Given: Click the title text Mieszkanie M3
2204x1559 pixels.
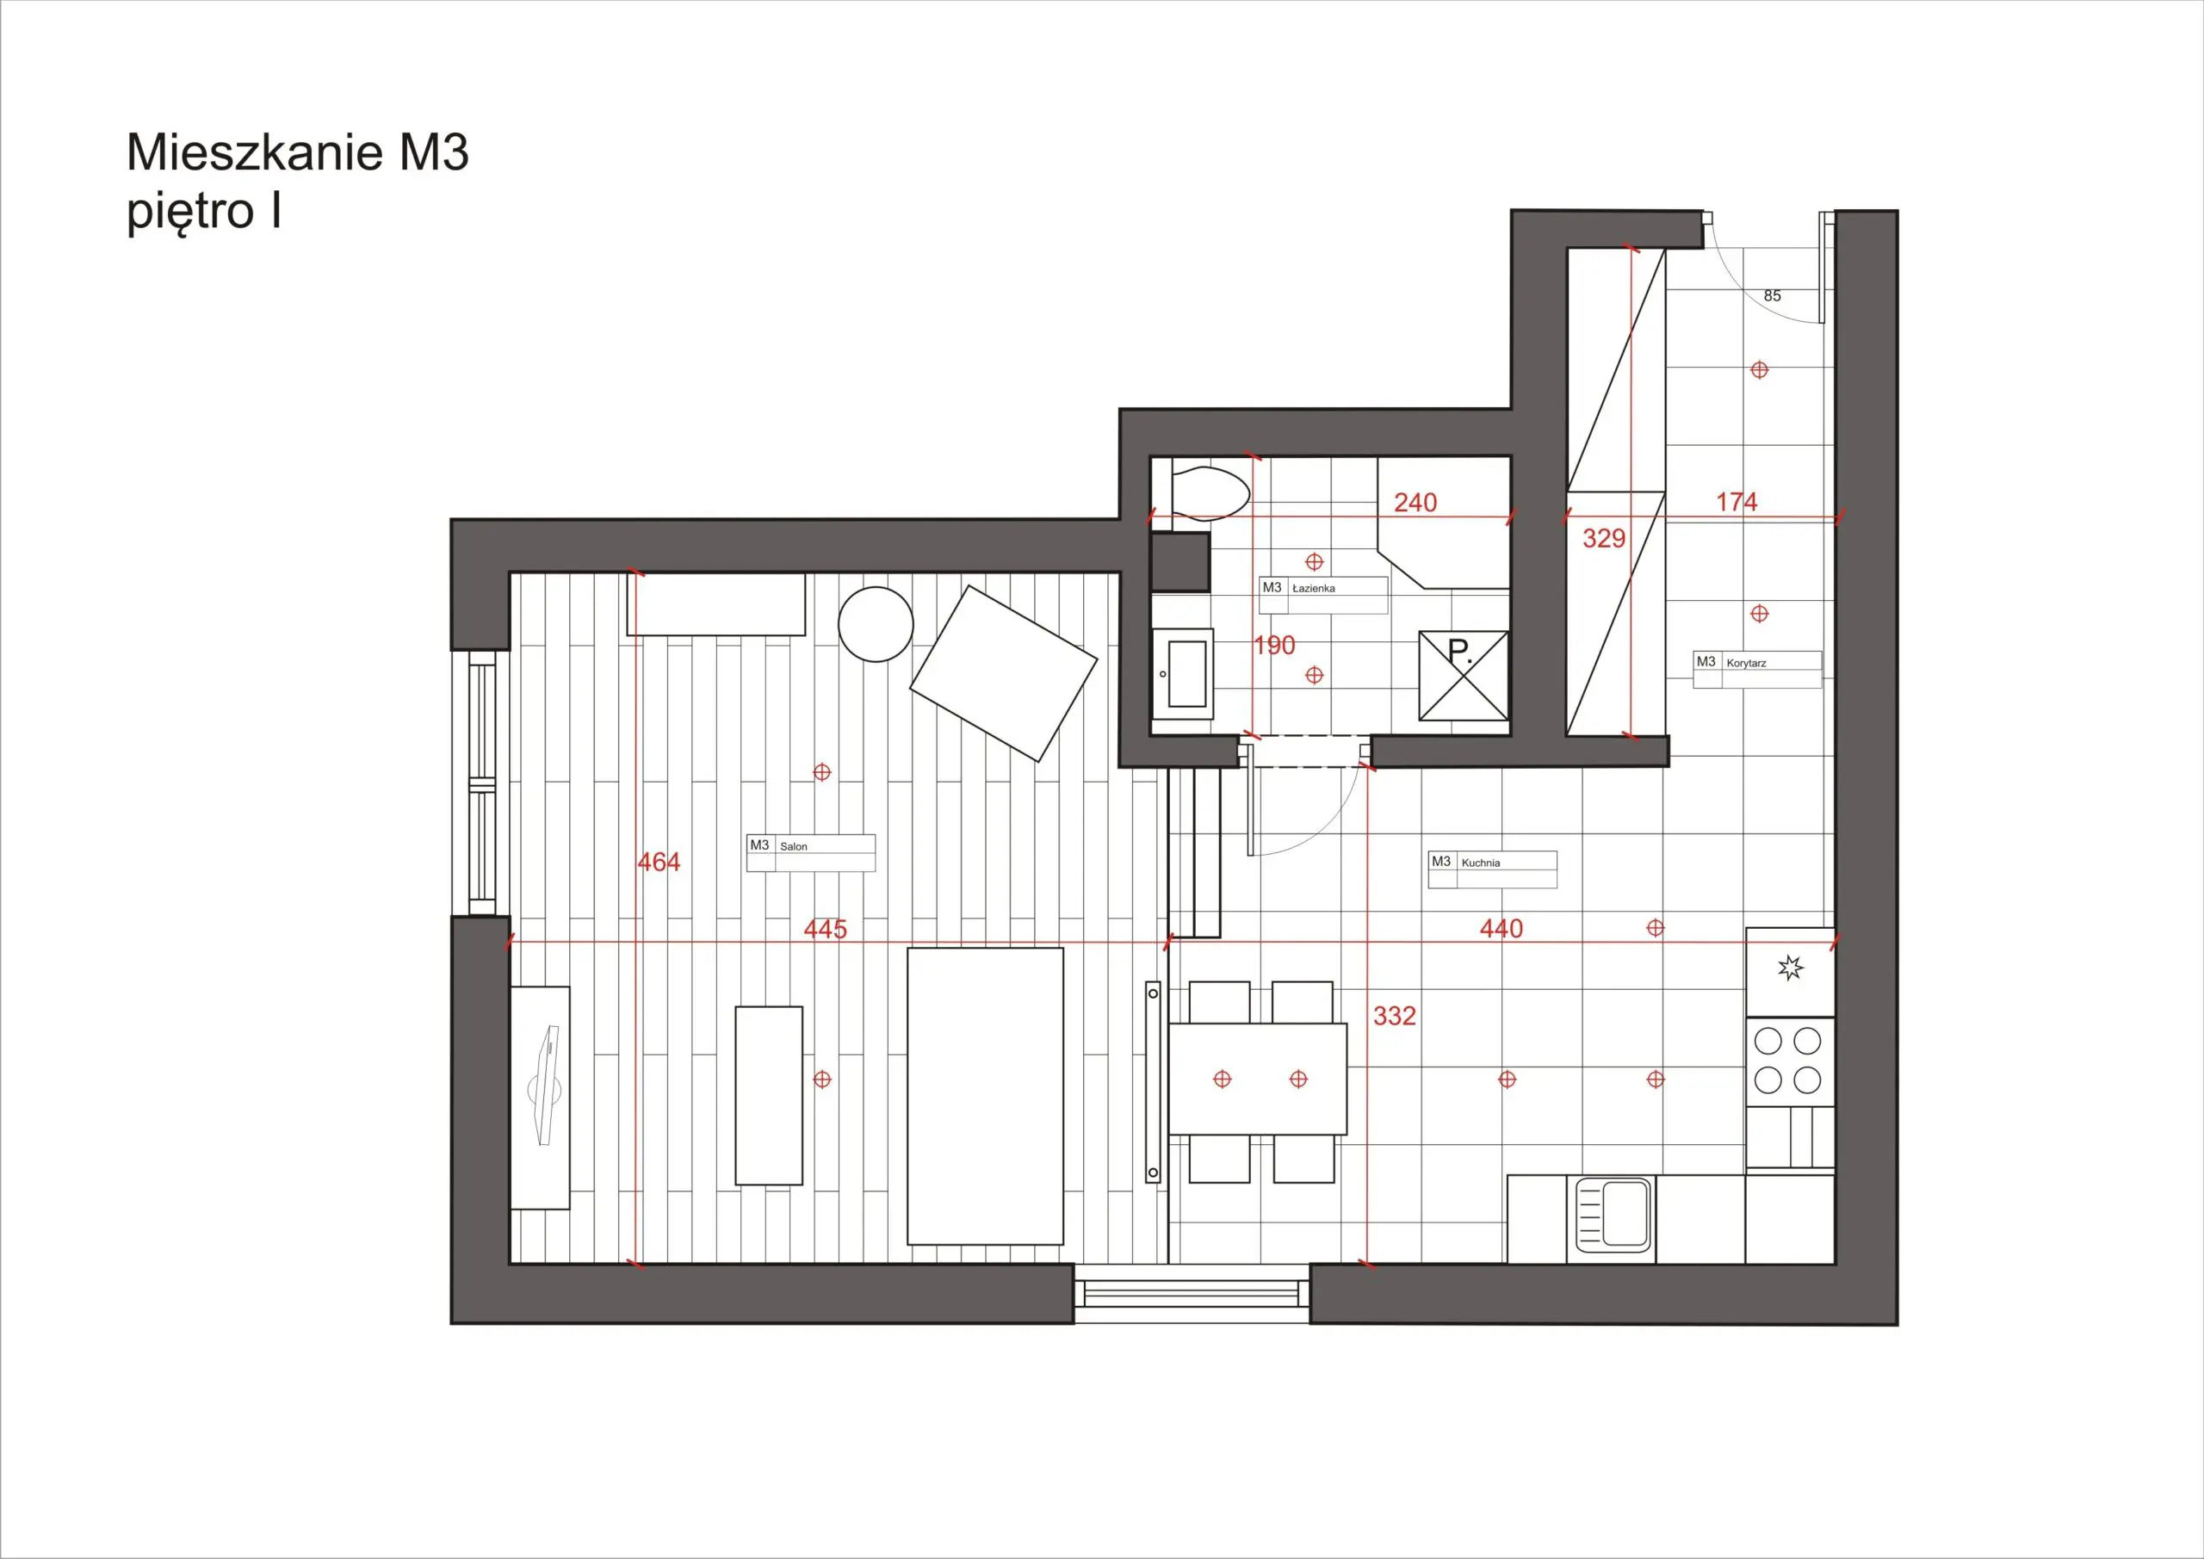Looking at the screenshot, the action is pos(298,152).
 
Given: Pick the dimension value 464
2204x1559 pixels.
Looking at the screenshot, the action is pos(659,862).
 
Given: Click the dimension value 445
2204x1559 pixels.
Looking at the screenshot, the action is pos(826,929).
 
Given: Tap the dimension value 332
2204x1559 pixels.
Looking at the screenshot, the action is pos(1394,1016).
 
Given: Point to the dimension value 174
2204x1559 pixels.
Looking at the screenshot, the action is pos(1737,501).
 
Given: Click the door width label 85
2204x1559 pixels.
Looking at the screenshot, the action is pos(1772,295).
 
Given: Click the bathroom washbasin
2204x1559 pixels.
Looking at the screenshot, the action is pos(1183,674).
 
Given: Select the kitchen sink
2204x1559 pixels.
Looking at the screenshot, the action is pos(1613,1215).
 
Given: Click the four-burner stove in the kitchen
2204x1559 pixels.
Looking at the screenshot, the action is pos(1789,1061).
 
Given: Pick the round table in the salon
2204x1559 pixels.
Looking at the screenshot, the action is pos(876,625).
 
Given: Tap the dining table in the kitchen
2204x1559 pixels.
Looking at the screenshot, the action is pos(1258,1079).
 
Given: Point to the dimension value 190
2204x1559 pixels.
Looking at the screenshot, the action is pos(1275,646).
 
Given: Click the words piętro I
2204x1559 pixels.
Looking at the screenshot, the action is pos(203,212).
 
